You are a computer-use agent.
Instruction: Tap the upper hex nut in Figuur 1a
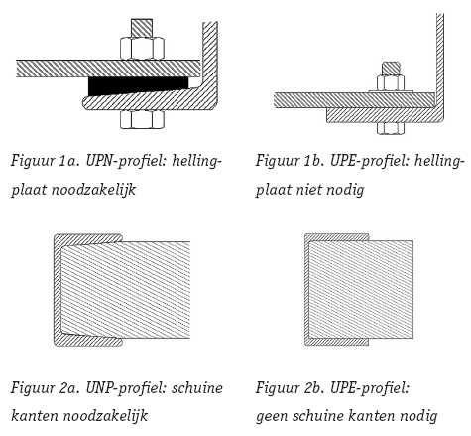point(142,49)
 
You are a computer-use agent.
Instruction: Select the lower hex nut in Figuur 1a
point(142,119)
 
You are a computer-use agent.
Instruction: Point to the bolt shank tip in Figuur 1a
point(142,28)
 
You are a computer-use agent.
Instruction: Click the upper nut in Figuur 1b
point(391,82)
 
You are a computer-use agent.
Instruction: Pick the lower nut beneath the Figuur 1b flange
point(391,128)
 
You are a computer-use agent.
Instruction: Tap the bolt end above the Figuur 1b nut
point(391,69)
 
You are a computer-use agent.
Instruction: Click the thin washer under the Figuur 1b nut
point(391,91)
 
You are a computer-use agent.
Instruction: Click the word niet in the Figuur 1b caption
point(309,190)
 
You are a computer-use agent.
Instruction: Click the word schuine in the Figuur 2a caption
point(197,388)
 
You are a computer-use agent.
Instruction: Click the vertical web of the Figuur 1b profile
point(440,60)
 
